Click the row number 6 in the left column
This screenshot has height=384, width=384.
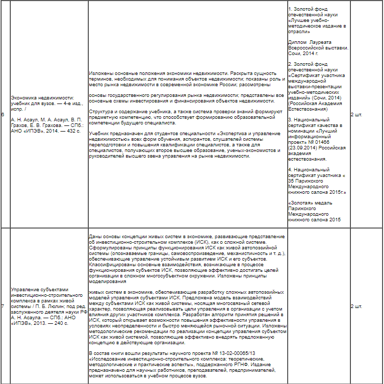(x=3, y=114)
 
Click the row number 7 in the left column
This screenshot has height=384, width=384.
(x=3, y=306)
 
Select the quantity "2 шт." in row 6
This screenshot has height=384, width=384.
(x=357, y=114)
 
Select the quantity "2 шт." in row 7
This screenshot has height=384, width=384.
(x=357, y=306)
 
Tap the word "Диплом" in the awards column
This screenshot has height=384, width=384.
(x=297, y=42)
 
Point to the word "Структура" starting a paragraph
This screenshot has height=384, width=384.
(x=99, y=112)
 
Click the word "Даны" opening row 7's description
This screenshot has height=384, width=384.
(x=95, y=237)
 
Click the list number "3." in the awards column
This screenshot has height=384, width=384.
(x=290, y=119)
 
